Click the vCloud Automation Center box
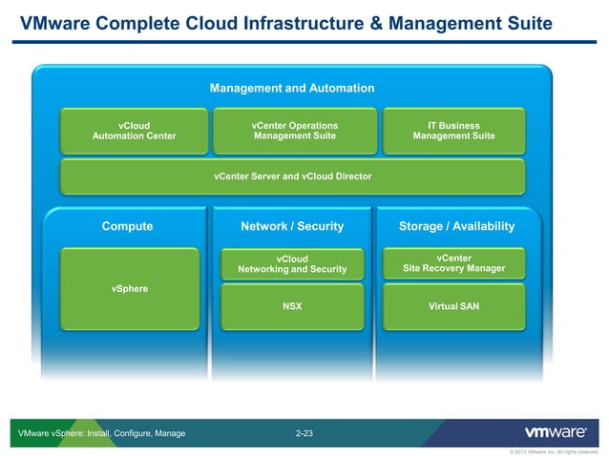pos(134,131)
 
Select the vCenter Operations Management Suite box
pos(294,131)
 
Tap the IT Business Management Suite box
pos(453,131)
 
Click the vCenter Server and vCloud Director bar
pos(292,176)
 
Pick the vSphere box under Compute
pos(129,288)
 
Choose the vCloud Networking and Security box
pos(292,264)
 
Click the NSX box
pos(292,306)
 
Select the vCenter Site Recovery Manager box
pos(453,263)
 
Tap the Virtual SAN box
pos(453,306)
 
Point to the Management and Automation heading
pos(292,89)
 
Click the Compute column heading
pos(127,227)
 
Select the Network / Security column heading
pos(292,227)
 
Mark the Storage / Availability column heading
pos(456,227)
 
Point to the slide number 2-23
pos(304,434)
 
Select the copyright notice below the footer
pos(554,451)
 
